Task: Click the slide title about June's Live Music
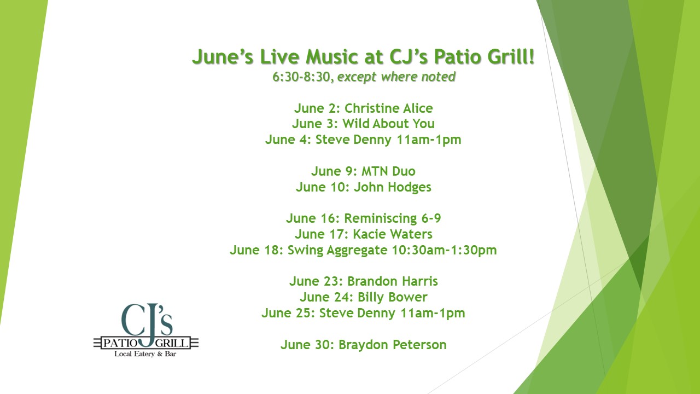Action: click(363, 57)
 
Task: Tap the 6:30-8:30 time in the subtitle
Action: click(301, 77)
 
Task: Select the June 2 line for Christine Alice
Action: click(364, 108)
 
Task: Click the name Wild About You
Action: click(388, 124)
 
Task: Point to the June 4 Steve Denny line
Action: click(363, 140)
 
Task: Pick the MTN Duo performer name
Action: click(388, 171)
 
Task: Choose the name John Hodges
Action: click(393, 187)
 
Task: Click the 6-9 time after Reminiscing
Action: click(431, 218)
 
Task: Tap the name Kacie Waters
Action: click(393, 234)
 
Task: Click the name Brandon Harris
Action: click(393, 281)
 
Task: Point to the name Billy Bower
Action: click(392, 297)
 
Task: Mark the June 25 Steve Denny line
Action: click(363, 313)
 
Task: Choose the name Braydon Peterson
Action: click(393, 345)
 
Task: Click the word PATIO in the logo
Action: click(120, 343)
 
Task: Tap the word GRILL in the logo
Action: click(172, 343)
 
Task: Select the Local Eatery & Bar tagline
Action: click(145, 354)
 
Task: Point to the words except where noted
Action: click(396, 77)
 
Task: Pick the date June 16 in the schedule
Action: click(312, 218)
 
